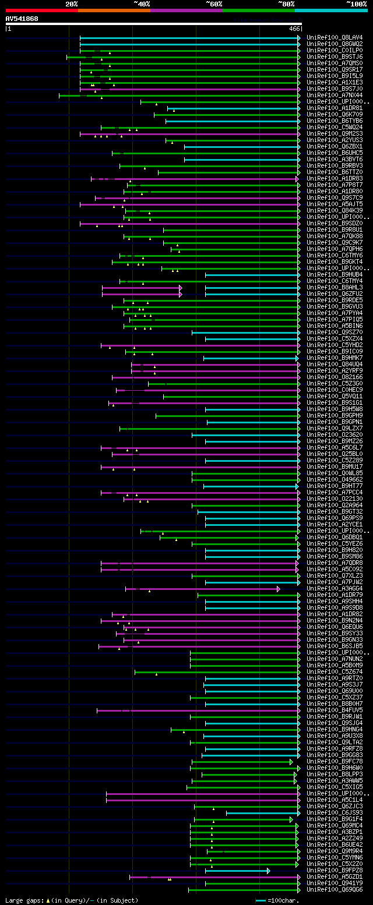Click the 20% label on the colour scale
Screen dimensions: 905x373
(x=72, y=4)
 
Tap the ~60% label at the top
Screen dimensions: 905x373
(x=214, y=4)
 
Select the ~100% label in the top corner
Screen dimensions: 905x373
(x=357, y=4)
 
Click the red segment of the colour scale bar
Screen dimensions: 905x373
(x=41, y=10)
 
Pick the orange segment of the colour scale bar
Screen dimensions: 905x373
(x=114, y=10)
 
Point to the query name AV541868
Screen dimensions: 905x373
(x=22, y=19)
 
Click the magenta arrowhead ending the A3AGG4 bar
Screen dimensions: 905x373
(x=279, y=589)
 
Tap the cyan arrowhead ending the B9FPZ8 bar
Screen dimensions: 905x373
(x=269, y=871)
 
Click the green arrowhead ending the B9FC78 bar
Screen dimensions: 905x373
(x=291, y=762)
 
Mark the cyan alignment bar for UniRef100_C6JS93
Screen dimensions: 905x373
(x=262, y=813)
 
